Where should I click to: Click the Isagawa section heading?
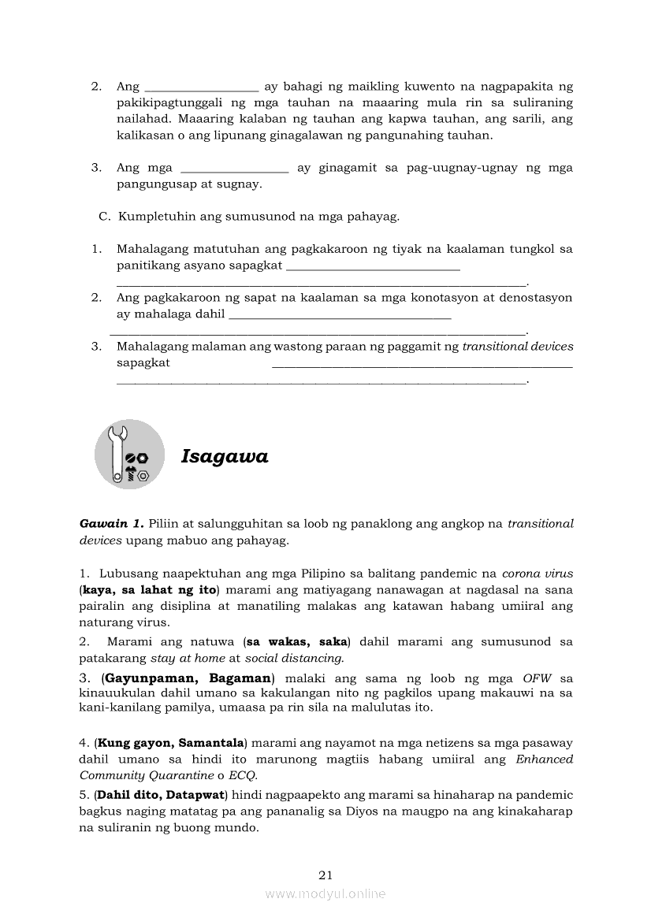click(x=225, y=456)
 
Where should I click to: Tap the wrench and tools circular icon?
click(x=129, y=455)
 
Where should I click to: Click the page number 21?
click(x=325, y=875)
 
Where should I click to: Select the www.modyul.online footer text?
click(x=325, y=893)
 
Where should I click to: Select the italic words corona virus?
click(x=538, y=574)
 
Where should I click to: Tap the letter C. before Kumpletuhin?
click(x=103, y=216)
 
